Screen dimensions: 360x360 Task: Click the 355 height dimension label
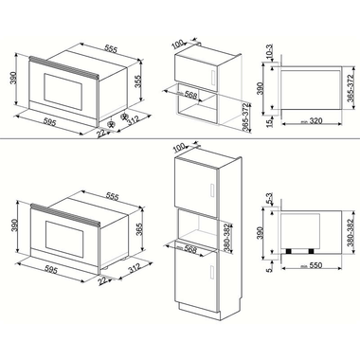click(x=139, y=81)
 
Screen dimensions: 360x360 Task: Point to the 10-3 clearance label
click(x=271, y=59)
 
